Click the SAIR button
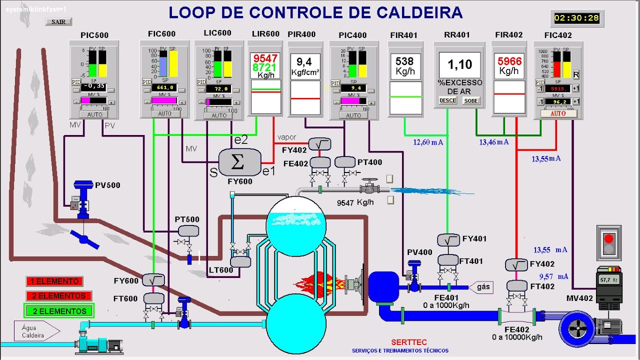pyautogui.click(x=58, y=21)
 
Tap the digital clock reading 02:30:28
pyautogui.click(x=576, y=18)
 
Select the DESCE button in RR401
pyautogui.click(x=447, y=100)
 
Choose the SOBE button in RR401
pyautogui.click(x=471, y=100)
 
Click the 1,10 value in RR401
pyautogui.click(x=459, y=64)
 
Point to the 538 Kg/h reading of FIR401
pyautogui.click(x=404, y=65)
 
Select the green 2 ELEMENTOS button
pyautogui.click(x=59, y=311)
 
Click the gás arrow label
pyautogui.click(x=482, y=287)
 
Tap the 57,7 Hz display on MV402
pyautogui.click(x=608, y=279)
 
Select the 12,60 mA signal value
pyautogui.click(x=428, y=142)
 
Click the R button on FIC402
pyautogui.click(x=576, y=74)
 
